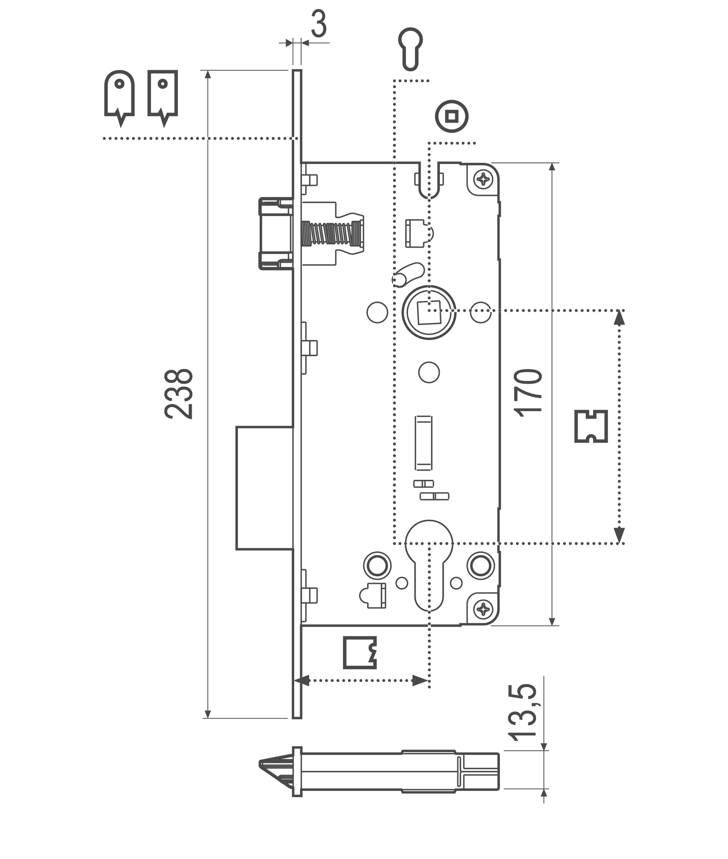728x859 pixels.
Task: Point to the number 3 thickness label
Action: coord(318,24)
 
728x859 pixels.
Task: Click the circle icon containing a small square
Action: coord(451,116)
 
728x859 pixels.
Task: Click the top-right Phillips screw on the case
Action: coord(483,179)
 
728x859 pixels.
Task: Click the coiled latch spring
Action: coord(330,234)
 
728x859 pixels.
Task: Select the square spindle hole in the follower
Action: coord(429,312)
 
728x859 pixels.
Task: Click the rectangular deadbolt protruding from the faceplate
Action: coord(264,488)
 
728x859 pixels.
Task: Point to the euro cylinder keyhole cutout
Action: coord(429,563)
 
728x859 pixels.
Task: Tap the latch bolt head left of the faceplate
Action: coord(276,234)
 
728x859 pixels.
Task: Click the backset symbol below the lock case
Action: coord(360,653)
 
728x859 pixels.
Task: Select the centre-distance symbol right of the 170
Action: coord(591,426)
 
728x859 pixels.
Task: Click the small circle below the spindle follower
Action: coord(429,372)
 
